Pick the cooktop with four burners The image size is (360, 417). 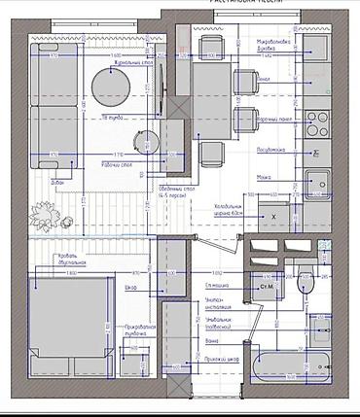coord(317,122)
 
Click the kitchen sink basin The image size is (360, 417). coord(319,183)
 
